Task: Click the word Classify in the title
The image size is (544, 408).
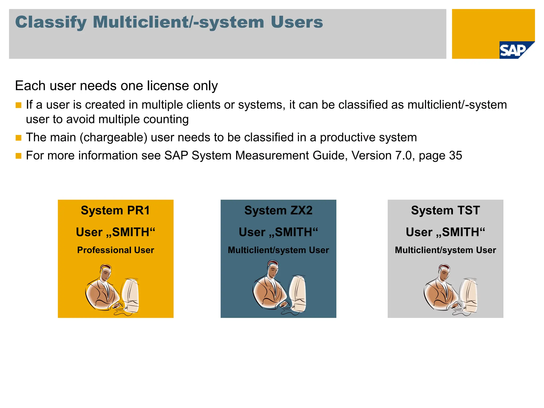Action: pos(51,22)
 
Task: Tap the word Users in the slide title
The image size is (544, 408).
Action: pos(297,22)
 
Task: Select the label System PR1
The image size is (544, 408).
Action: pos(115,210)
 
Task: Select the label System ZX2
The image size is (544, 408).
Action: pos(278,210)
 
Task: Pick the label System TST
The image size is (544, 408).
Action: pos(445,210)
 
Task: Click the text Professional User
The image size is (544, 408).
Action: pos(115,250)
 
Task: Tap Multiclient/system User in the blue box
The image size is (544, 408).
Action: pos(278,250)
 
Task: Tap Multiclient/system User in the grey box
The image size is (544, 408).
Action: pos(445,250)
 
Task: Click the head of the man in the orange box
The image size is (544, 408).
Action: pos(106,272)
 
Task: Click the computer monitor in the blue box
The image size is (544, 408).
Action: pos(297,294)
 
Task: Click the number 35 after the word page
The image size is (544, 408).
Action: pos(455,156)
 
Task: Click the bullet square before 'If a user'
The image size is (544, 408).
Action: pos(18,105)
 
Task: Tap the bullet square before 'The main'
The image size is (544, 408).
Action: pos(18,138)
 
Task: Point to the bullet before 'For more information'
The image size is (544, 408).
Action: pos(18,156)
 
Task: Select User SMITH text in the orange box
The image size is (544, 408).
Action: pos(115,232)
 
